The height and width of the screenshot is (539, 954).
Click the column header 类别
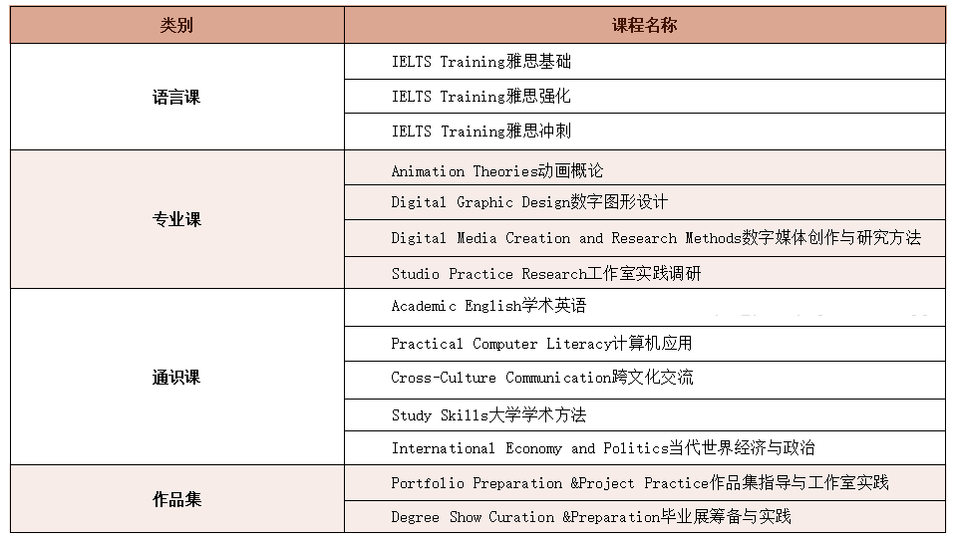(176, 25)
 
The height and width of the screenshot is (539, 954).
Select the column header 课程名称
(644, 25)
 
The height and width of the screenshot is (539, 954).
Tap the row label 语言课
(176, 97)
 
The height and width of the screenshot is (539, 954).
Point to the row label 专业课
(176, 219)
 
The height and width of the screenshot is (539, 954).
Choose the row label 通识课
(176, 378)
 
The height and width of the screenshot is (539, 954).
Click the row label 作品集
(176, 499)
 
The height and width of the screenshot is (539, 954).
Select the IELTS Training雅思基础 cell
(481, 61)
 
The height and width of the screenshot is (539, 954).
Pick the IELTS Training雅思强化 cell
(481, 96)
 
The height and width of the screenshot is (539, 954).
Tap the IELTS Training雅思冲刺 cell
(481, 131)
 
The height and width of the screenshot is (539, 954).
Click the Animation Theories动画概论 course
(497, 171)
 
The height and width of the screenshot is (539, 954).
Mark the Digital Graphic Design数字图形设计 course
(529, 202)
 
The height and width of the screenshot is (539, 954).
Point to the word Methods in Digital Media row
(713, 238)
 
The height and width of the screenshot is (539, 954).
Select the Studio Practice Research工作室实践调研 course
(545, 273)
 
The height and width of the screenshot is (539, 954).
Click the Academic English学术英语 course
(488, 306)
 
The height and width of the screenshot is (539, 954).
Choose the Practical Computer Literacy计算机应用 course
(541, 343)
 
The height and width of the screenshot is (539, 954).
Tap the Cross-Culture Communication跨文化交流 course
(542, 378)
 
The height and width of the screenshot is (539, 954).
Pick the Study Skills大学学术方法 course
(488, 414)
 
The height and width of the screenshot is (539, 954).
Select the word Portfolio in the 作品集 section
(428, 483)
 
